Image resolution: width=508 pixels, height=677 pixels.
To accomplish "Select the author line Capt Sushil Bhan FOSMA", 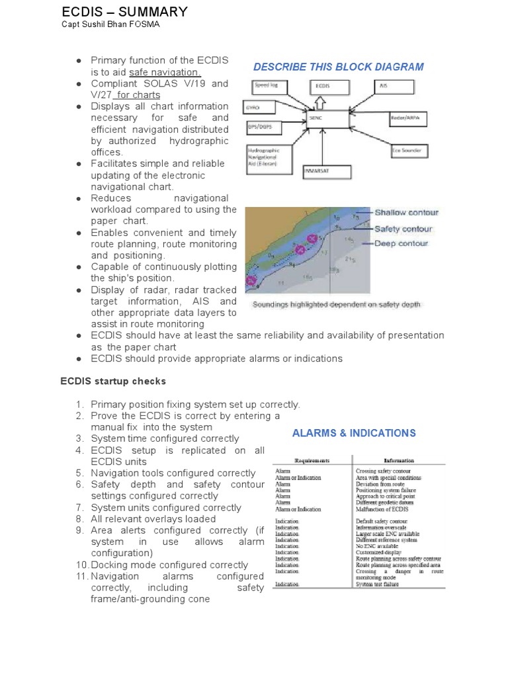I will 110,25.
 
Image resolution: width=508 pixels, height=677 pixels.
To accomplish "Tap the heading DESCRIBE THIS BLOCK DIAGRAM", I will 339,67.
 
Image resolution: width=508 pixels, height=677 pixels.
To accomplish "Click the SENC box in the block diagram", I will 326,120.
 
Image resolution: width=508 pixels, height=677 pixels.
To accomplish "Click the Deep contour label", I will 402,243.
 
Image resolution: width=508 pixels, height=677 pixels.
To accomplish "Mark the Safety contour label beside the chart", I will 403,229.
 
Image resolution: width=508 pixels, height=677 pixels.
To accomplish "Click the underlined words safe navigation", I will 165,72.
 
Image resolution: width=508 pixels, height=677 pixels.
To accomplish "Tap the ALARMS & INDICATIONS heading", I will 354,433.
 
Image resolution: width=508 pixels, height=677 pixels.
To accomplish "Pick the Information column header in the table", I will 399,461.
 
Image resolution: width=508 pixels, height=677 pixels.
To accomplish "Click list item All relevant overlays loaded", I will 153,519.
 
